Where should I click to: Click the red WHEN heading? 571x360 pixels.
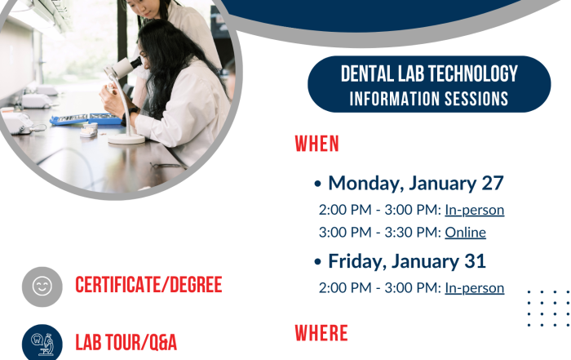[x=316, y=144]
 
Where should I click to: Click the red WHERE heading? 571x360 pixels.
[x=321, y=333]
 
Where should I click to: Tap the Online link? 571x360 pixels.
[x=466, y=233]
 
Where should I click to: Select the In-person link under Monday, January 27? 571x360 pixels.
[x=475, y=211]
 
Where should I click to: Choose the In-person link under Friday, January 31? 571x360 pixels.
[x=475, y=288]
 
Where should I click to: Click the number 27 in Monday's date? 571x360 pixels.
[x=493, y=183]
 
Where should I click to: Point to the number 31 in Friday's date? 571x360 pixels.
[x=476, y=261]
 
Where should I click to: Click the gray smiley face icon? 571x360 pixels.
[x=42, y=287]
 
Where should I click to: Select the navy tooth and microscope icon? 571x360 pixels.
[x=42, y=343]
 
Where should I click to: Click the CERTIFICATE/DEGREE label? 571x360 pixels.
[x=148, y=285]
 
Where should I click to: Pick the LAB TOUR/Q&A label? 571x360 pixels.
[x=126, y=343]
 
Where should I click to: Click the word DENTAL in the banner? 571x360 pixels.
[x=367, y=73]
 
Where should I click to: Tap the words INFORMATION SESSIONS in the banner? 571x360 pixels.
[x=429, y=99]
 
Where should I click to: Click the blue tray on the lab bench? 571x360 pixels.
[x=86, y=119]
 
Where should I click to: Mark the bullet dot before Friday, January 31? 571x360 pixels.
[x=317, y=261]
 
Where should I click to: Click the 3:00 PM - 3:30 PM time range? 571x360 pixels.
[x=380, y=233]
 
